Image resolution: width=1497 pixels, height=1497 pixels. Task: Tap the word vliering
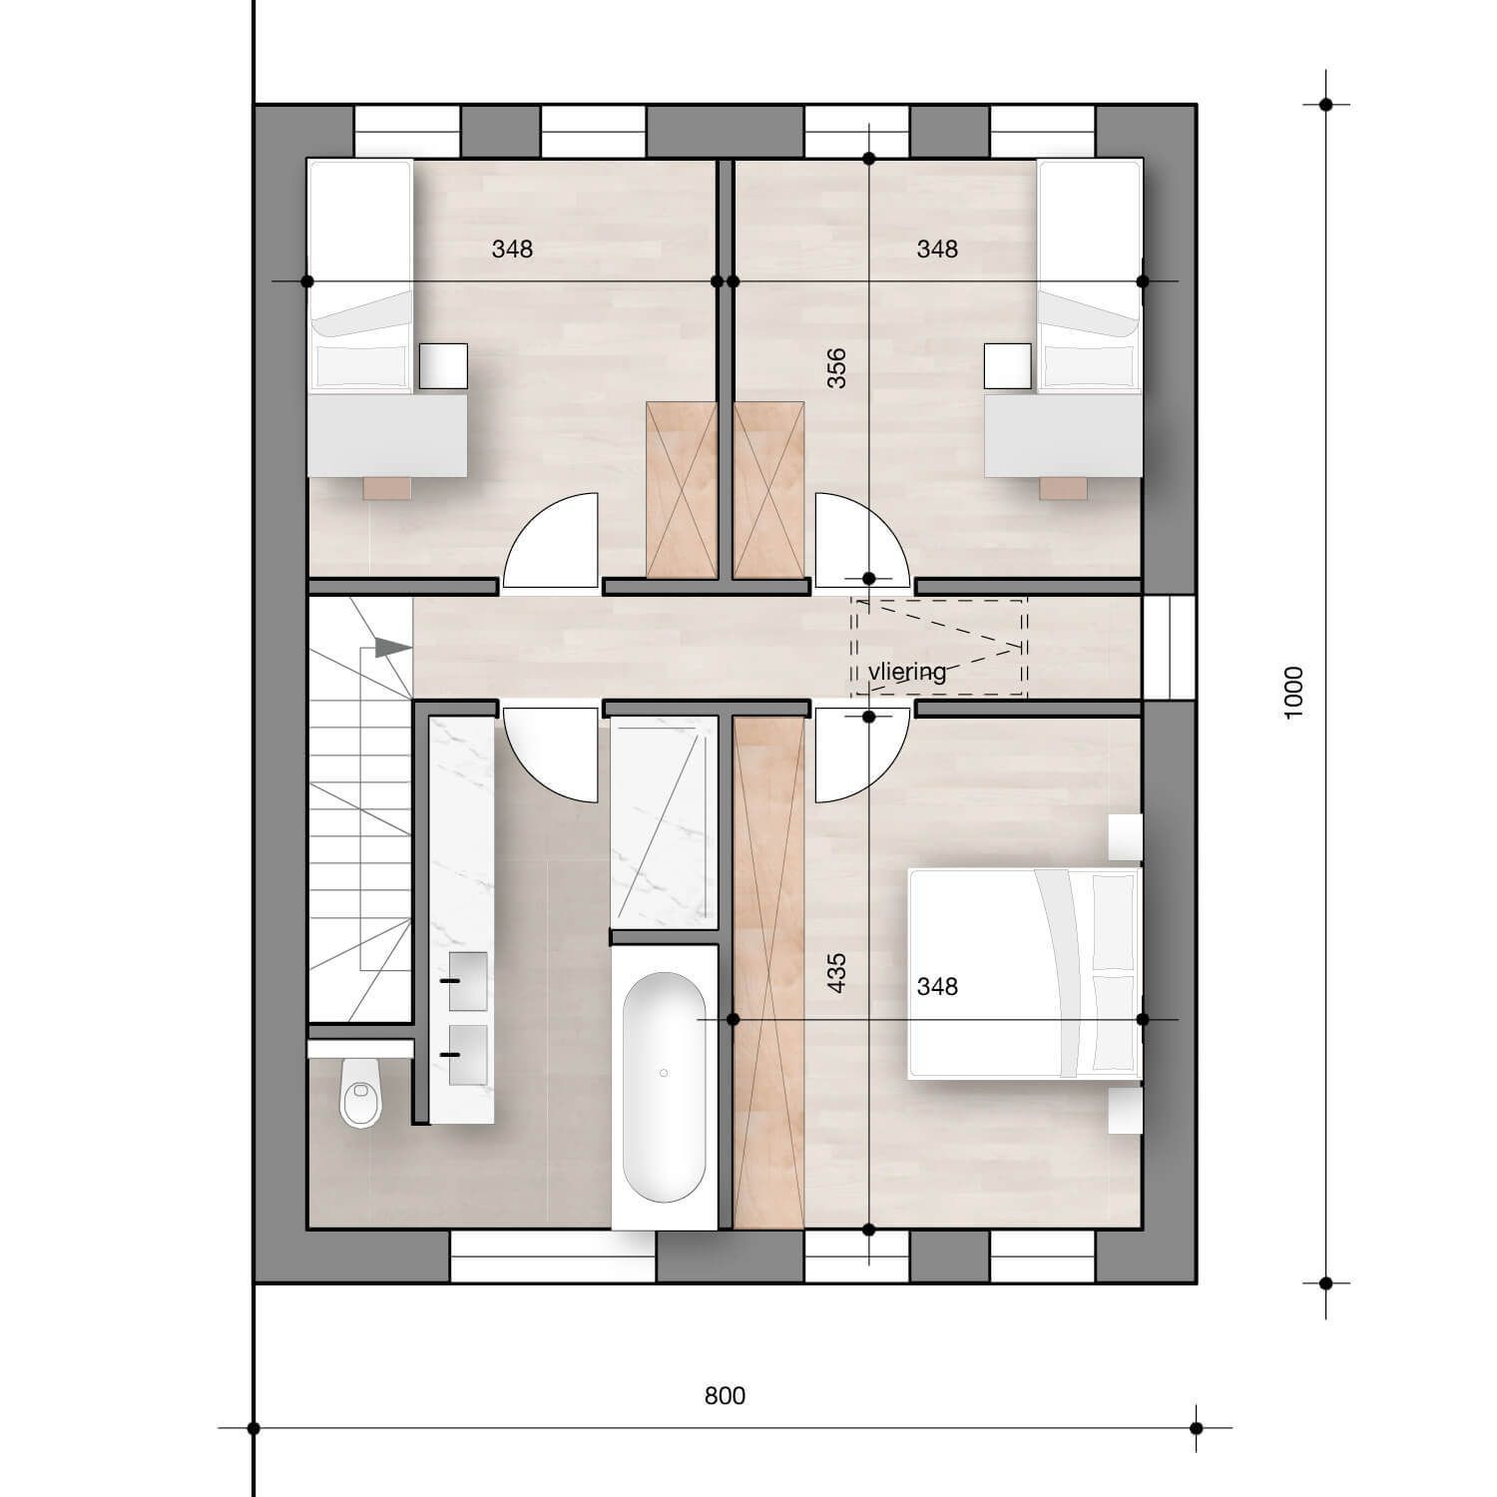coord(906,672)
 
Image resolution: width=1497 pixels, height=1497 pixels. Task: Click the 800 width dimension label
coord(725,1395)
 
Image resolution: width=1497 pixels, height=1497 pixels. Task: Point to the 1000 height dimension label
coord(1293,693)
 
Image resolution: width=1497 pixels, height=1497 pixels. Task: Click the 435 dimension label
coord(836,973)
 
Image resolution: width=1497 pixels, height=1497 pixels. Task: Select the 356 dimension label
coord(836,367)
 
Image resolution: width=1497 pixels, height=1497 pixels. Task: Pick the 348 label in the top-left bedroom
coord(512,249)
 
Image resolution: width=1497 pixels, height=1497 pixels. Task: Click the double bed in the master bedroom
coord(1024,973)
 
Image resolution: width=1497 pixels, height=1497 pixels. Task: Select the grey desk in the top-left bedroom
coord(387,435)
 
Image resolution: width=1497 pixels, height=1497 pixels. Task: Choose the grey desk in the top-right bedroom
coord(1063,435)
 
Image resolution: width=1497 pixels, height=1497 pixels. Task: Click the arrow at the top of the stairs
coord(393,648)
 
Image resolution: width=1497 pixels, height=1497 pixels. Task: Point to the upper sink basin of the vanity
coord(467,981)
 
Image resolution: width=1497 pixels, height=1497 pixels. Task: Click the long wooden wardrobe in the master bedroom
coord(768,973)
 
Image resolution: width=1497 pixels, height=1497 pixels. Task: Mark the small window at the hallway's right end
coord(1169,649)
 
